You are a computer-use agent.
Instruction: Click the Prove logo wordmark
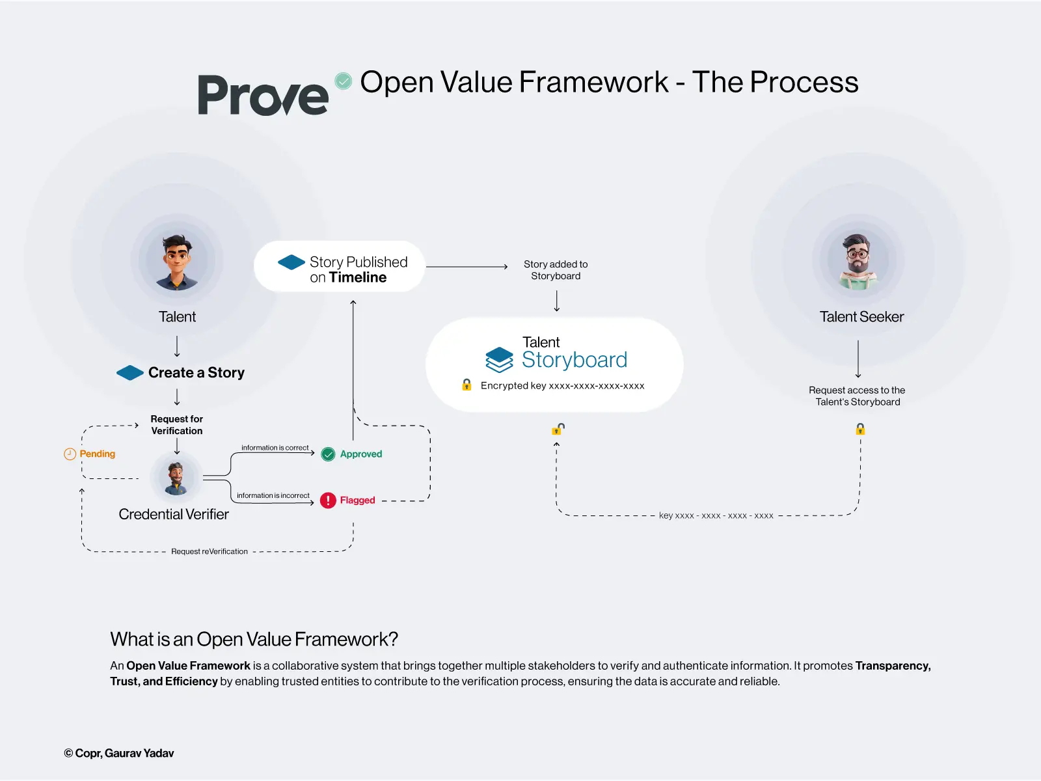263,96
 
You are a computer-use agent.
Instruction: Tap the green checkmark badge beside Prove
344,81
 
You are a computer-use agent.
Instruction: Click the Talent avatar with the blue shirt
177,262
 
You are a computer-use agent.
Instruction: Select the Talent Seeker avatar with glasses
858,261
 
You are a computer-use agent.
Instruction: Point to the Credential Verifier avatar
176,478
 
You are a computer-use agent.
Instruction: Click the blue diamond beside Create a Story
130,373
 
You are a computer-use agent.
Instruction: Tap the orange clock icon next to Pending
70,454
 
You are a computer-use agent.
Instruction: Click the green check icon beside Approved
329,454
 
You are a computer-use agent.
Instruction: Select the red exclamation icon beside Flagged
328,500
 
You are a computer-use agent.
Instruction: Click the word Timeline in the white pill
358,278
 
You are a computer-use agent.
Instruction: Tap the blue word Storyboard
575,360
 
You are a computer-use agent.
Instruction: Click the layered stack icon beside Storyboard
500,359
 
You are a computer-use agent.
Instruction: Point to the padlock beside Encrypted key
466,385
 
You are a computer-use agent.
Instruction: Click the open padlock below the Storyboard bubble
558,429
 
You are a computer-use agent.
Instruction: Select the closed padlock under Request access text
860,429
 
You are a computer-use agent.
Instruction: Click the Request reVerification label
210,551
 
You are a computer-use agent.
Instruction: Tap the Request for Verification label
177,425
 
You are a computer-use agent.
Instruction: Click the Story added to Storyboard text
556,270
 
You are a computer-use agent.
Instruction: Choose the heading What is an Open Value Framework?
254,639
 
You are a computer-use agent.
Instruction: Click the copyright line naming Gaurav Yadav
119,753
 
